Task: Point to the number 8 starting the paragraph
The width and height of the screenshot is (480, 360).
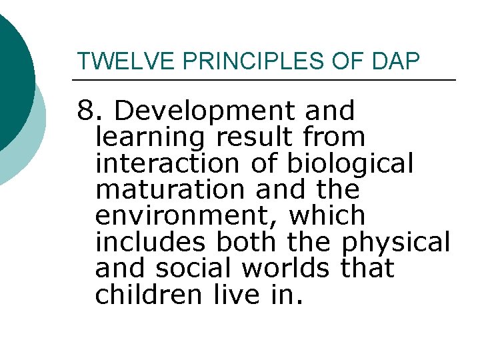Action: click(x=85, y=111)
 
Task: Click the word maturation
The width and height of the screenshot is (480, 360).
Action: click(x=171, y=190)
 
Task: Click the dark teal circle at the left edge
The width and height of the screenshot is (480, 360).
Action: click(x=12, y=73)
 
